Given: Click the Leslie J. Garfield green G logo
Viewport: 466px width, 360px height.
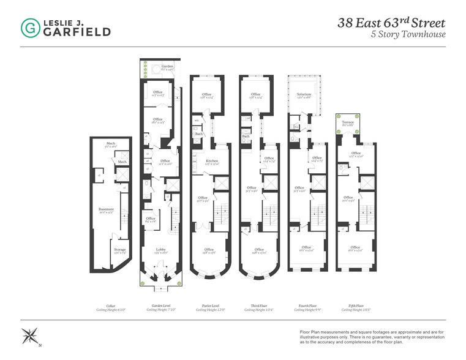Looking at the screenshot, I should point(29,27).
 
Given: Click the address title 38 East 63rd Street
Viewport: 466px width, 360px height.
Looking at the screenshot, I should point(392,23).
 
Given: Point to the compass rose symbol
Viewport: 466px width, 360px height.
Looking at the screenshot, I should point(29,336).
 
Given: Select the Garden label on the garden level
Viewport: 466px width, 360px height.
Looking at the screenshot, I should point(167,66).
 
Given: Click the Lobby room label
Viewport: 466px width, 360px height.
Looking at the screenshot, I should point(160,249).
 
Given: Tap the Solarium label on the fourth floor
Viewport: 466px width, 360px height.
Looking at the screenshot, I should point(304,94).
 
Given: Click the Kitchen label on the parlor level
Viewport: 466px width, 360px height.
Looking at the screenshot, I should point(211,161).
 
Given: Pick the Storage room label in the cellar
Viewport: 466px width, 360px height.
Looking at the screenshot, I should point(119,249).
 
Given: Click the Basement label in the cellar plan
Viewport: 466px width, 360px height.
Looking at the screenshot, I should point(107,209).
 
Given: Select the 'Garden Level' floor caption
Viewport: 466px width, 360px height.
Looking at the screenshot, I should point(160,306).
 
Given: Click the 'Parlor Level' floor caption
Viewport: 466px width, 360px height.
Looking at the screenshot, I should point(208,306).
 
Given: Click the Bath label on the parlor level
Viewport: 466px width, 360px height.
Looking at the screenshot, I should point(200,134).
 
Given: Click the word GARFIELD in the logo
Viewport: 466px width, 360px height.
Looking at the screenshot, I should point(77,32).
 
